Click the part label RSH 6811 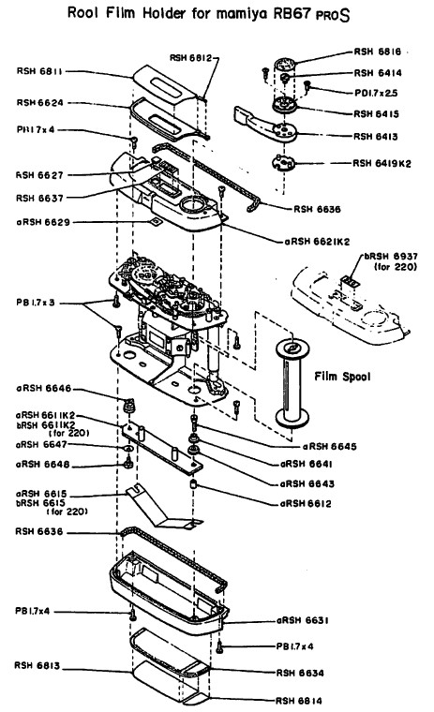tap(39, 71)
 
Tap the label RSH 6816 tap(377, 52)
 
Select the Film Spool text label tap(342, 377)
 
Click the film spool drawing tap(292, 383)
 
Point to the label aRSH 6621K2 tap(317, 242)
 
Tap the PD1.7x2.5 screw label tap(376, 93)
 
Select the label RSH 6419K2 tap(382, 163)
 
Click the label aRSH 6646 tap(44, 389)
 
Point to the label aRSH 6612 tap(306, 504)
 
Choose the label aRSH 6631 tap(302, 620)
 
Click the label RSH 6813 tap(37, 666)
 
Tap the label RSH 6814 tap(299, 701)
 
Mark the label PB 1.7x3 tap(36, 303)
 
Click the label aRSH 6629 tap(43, 223)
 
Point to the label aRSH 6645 tap(329, 447)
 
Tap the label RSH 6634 tap(300, 673)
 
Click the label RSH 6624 tap(40, 103)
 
